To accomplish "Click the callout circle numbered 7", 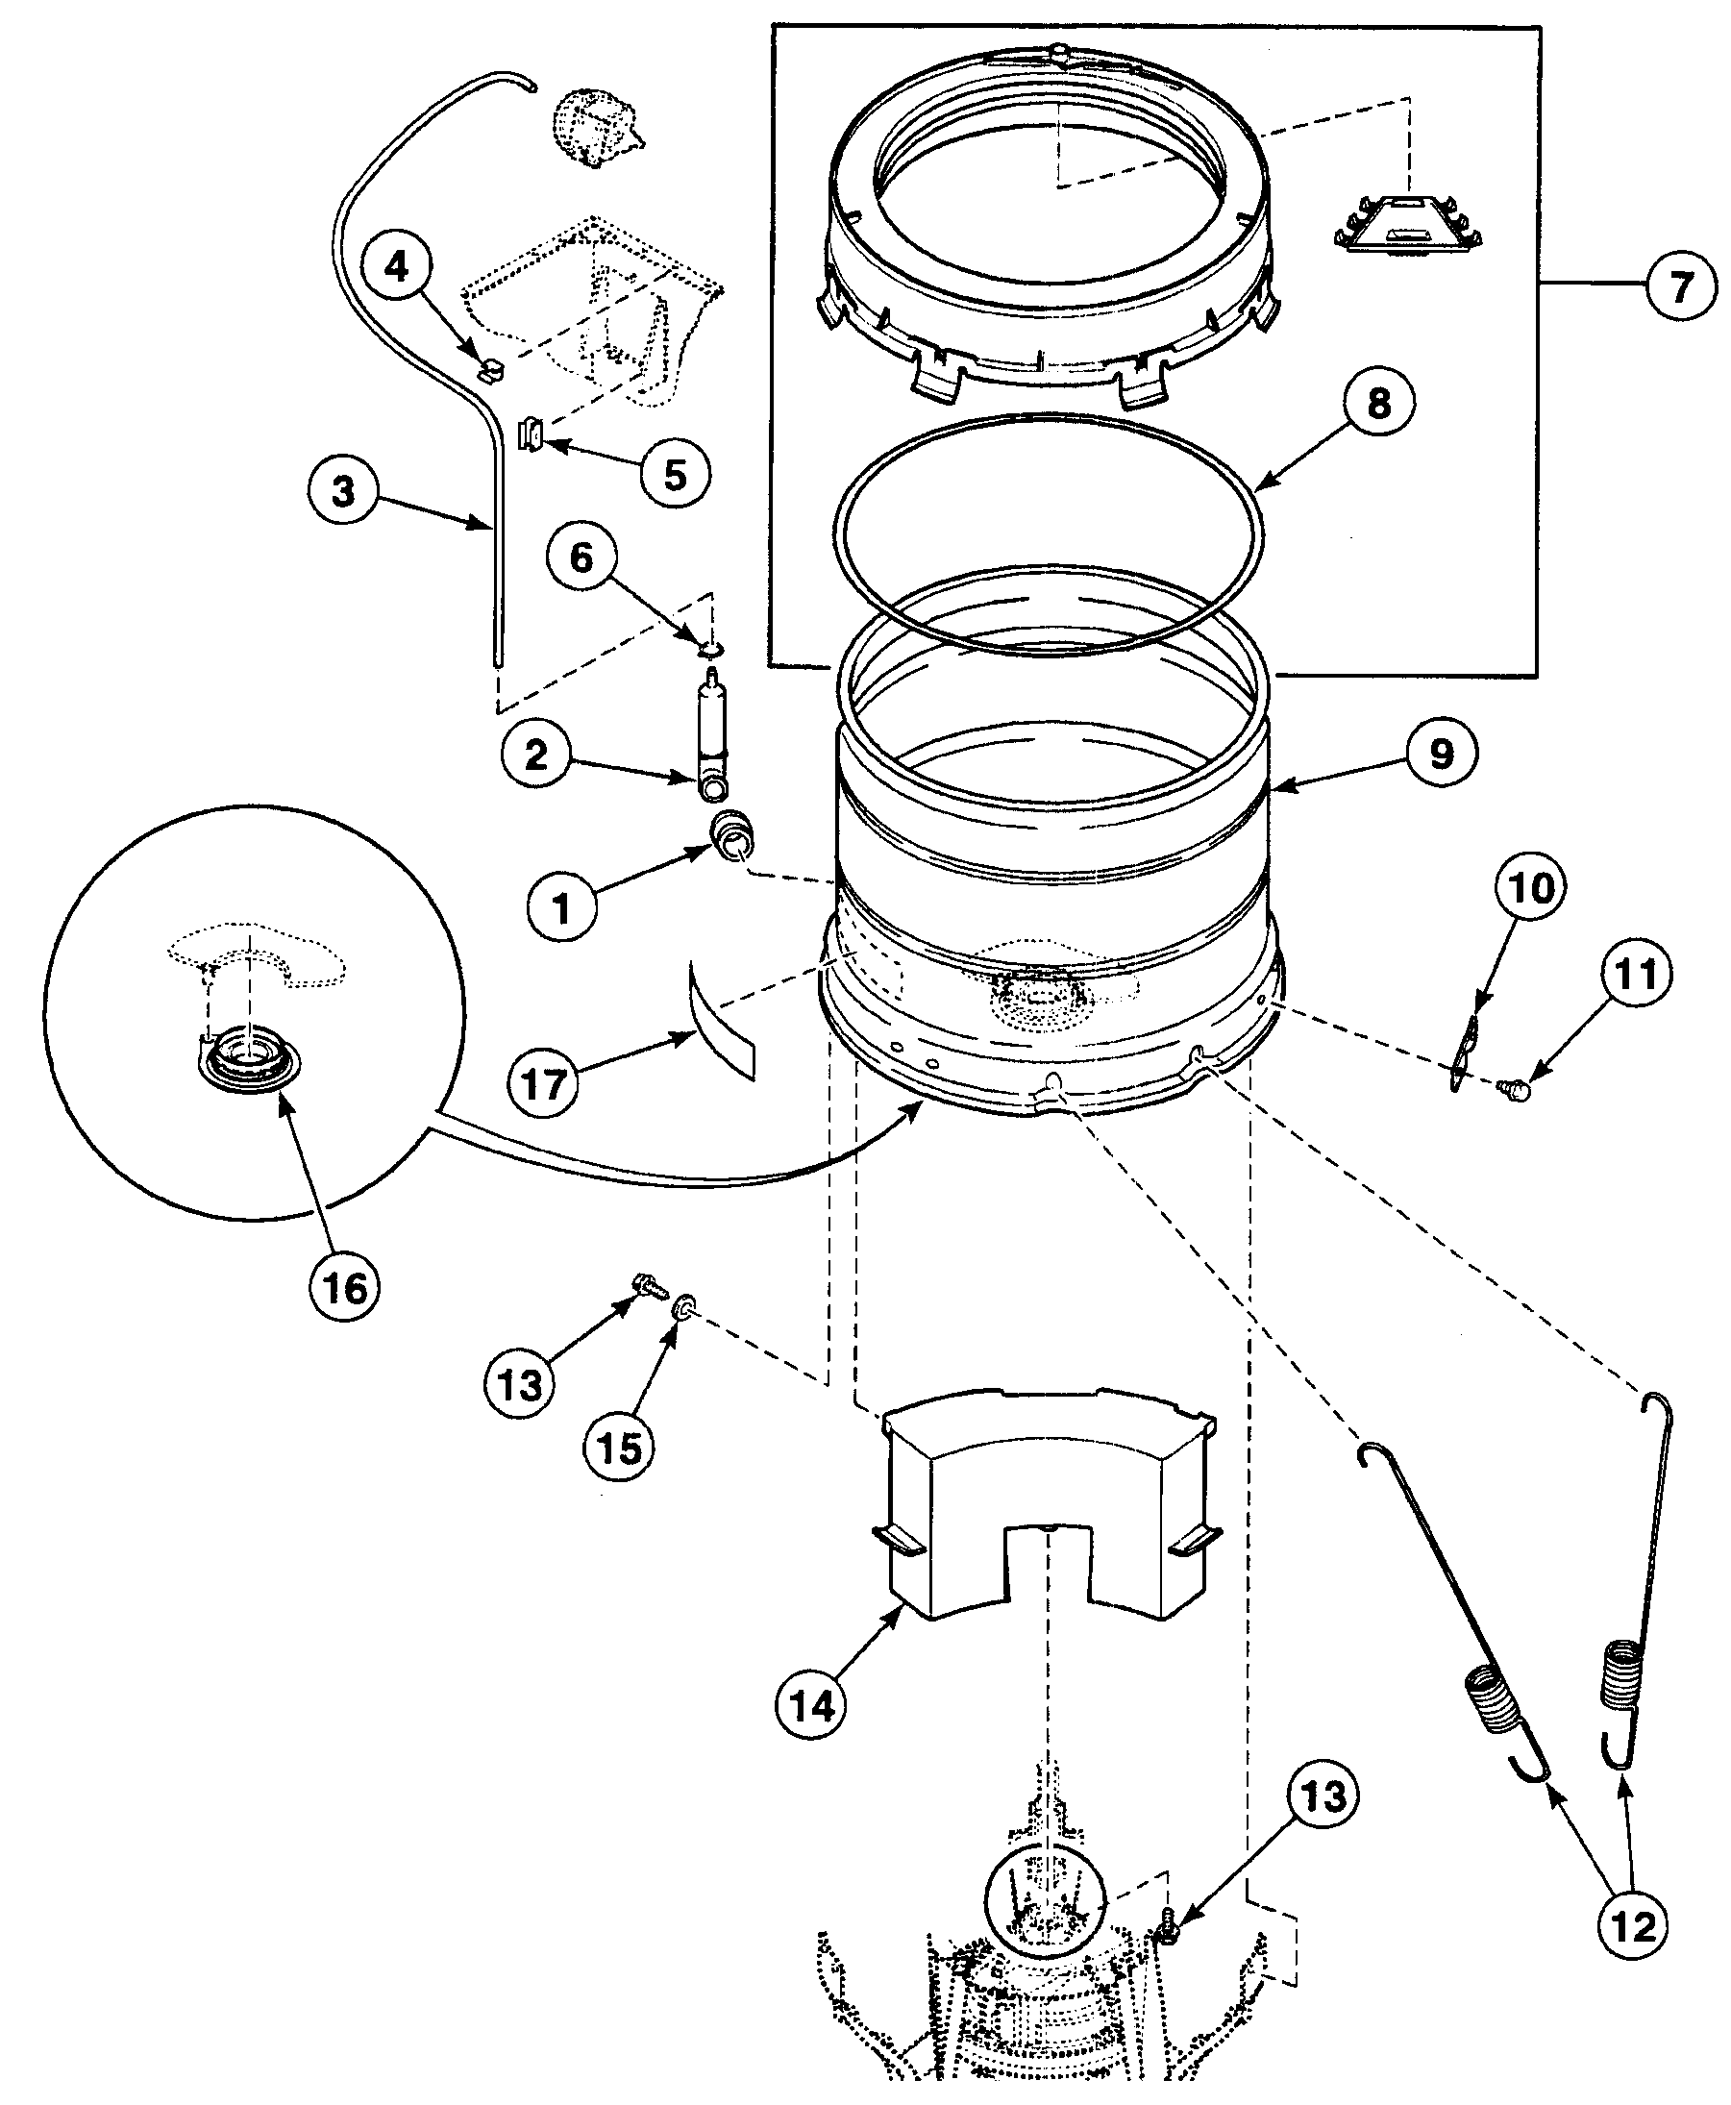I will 1681,286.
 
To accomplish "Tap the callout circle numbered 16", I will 345,1288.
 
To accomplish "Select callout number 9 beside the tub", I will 1442,754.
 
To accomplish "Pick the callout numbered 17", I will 544,1084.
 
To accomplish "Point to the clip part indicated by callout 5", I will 532,434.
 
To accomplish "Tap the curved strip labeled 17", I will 718,1017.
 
